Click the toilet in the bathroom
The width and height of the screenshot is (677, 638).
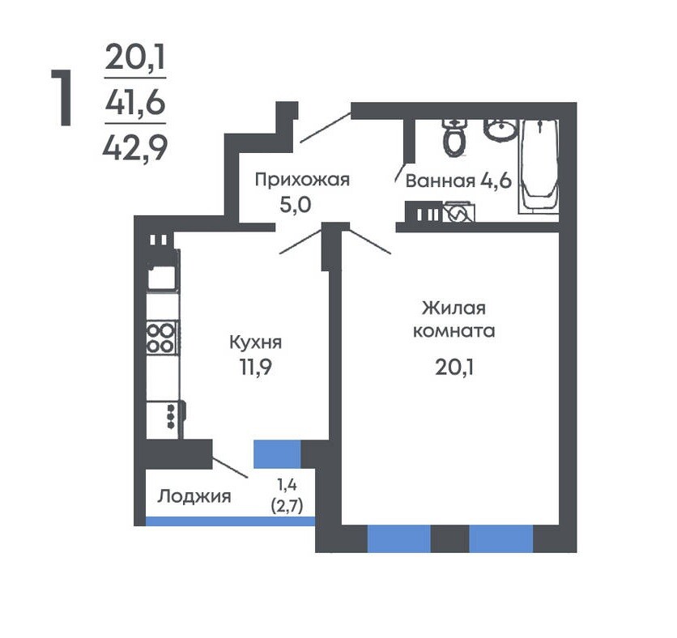(x=453, y=138)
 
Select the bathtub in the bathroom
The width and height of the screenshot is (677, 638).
(x=539, y=166)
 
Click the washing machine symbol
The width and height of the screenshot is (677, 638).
(x=459, y=212)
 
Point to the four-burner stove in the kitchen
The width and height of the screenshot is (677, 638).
(x=162, y=338)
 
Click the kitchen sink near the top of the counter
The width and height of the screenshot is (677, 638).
(x=162, y=278)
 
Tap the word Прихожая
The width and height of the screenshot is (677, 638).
(x=302, y=180)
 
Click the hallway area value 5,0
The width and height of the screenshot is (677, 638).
(x=296, y=205)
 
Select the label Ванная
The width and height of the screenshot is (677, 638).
(x=440, y=181)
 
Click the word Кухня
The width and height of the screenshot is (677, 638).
(x=256, y=342)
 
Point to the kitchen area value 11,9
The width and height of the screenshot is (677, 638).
(x=256, y=368)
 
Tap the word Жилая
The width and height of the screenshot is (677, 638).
(x=453, y=308)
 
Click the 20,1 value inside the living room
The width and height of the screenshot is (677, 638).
(x=454, y=368)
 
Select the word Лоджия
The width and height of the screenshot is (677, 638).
(x=194, y=496)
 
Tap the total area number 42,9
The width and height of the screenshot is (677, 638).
(x=135, y=148)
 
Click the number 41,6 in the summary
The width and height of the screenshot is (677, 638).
(x=135, y=103)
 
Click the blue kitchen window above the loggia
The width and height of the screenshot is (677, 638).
(x=277, y=454)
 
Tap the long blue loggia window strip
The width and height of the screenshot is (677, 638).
(x=230, y=521)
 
